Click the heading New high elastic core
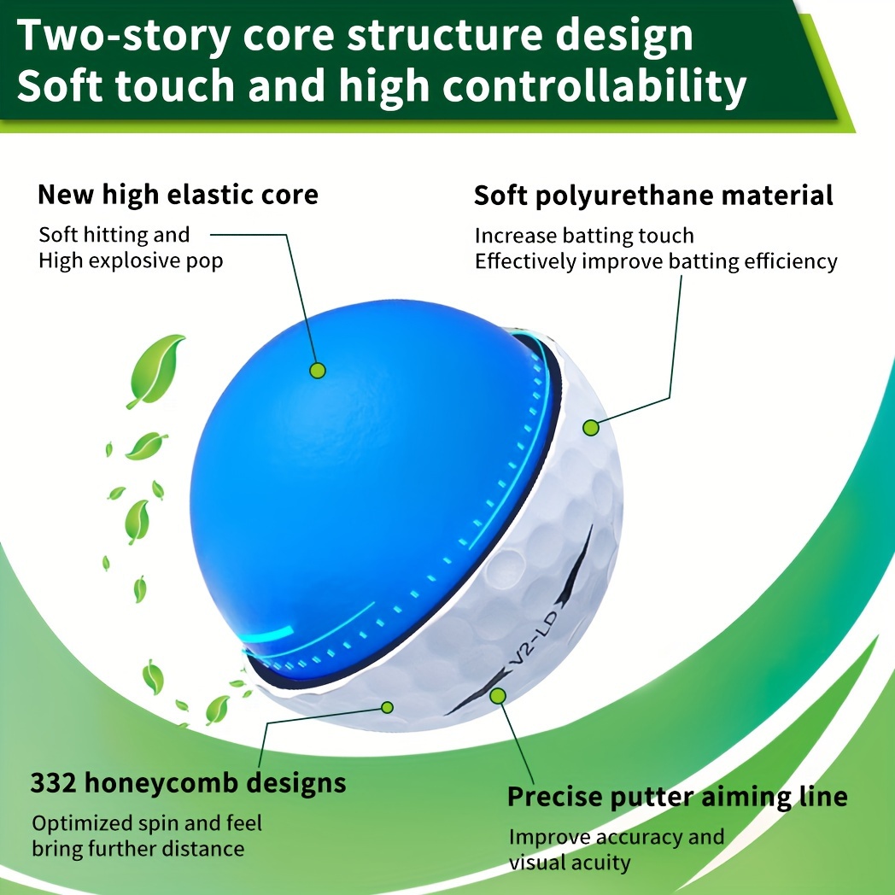pos(178,195)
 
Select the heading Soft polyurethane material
pos(653,196)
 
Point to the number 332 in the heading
pos(53,782)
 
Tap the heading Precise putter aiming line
pos(677,797)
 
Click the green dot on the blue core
pos(318,371)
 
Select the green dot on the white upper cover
pos(591,428)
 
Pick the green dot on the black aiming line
pos(498,696)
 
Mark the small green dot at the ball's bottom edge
pos(387,708)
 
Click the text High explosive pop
pos(131,261)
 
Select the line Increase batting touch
pos(584,236)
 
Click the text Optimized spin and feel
pos(147,823)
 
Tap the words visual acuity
pos(570,863)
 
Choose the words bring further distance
pos(138,849)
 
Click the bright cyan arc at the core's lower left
pos(269,635)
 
